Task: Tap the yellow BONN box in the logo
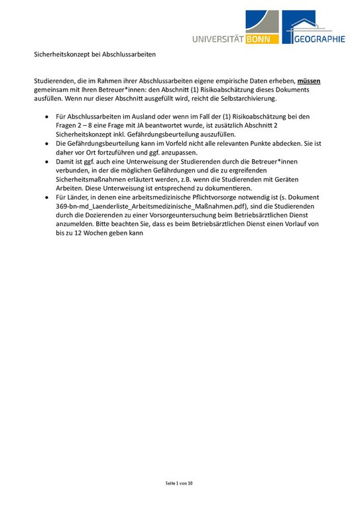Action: click(261, 39)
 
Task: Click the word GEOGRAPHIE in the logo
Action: click(320, 39)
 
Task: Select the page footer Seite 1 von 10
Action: click(180, 484)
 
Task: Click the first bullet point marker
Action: click(46, 115)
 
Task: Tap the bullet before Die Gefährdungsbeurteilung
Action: click(46, 142)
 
